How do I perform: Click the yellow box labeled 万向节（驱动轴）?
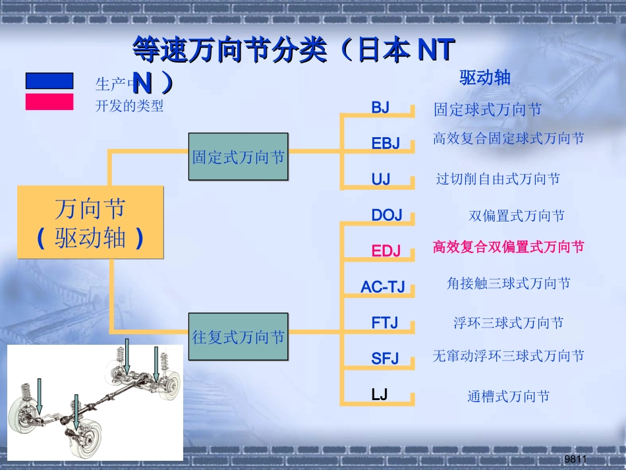[x=90, y=222]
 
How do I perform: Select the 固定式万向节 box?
[x=239, y=157]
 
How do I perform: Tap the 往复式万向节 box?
[x=239, y=337]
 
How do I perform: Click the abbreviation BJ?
[x=381, y=107]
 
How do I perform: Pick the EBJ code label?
[x=385, y=143]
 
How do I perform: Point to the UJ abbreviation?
[x=381, y=179]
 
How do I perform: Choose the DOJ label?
[x=387, y=216]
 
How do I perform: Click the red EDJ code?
[x=385, y=250]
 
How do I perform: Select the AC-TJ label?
[x=383, y=287]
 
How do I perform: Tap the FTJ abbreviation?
[x=385, y=323]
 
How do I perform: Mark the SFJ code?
[x=385, y=359]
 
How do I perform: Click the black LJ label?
[x=380, y=395]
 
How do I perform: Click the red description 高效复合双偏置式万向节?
[x=508, y=247]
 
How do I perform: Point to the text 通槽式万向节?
[x=508, y=397]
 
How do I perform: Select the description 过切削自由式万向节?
[x=498, y=179]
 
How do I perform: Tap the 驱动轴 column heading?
[x=485, y=78]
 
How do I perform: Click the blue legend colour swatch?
[x=49, y=81]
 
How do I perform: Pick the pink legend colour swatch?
[x=49, y=102]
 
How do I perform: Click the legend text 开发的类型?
[x=130, y=105]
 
